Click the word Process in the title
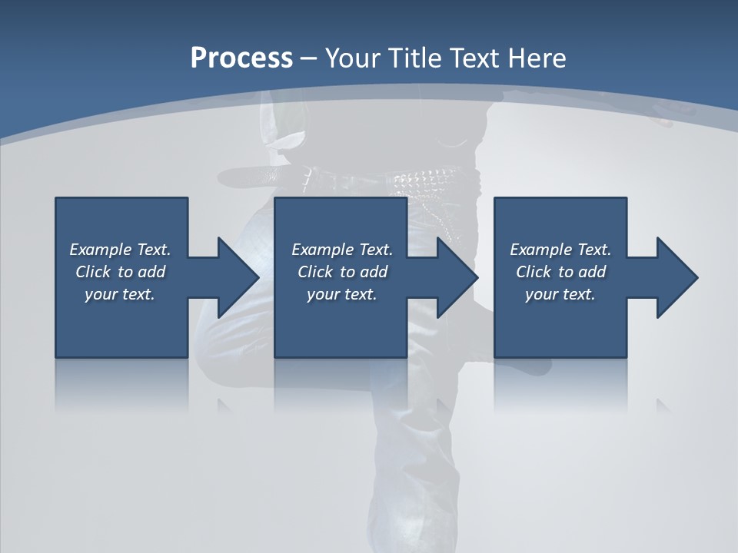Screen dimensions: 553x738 click(x=241, y=58)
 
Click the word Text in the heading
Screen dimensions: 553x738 click(x=474, y=58)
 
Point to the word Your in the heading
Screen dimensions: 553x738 click(x=354, y=58)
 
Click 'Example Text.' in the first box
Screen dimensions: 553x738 click(x=120, y=250)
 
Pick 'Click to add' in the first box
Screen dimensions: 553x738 click(x=120, y=272)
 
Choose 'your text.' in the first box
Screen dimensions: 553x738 click(x=120, y=294)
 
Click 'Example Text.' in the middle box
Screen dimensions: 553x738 click(x=342, y=250)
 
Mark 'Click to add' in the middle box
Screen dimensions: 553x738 click(x=342, y=272)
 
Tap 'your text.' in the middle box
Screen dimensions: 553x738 click(x=342, y=294)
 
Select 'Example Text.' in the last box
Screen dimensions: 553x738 click(x=560, y=250)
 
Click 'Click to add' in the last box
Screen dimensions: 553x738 click(x=560, y=272)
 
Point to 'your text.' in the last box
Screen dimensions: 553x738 click(x=560, y=294)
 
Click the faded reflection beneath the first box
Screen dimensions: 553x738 click(x=121, y=384)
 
